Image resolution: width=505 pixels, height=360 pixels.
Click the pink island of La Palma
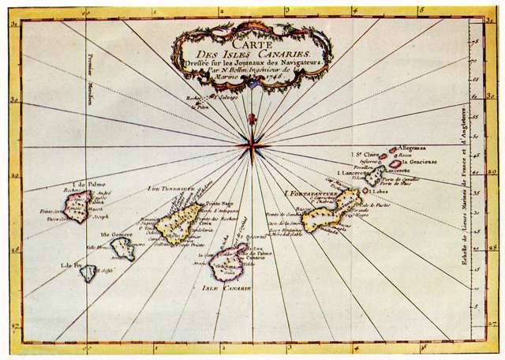79,204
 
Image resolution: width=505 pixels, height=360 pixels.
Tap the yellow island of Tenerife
181,220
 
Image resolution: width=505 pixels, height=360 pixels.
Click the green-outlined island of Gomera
123,249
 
